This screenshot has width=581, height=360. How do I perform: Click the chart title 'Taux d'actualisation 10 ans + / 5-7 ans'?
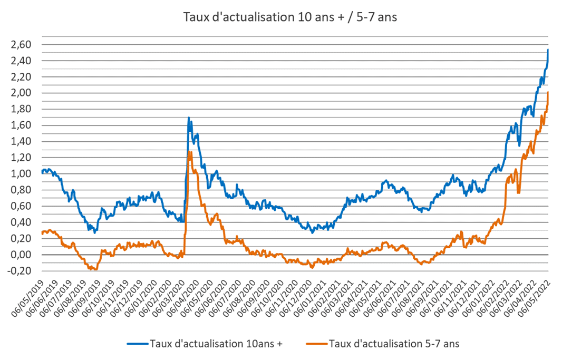(290, 17)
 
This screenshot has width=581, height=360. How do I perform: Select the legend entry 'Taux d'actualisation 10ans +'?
(205, 344)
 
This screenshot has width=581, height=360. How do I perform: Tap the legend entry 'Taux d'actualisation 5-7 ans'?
(383, 344)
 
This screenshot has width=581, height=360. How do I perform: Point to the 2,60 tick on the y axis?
(21, 45)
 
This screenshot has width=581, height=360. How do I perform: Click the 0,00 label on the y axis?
(21, 255)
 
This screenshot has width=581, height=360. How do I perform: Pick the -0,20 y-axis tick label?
(20, 271)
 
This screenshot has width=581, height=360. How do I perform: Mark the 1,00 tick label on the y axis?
(21, 174)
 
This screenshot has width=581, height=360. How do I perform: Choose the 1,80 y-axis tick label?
(21, 109)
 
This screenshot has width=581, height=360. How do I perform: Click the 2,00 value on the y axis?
(21, 93)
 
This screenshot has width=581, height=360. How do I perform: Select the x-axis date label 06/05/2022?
(534, 298)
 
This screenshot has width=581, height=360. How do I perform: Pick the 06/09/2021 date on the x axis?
(422, 298)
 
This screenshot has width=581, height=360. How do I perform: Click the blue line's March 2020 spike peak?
(189, 118)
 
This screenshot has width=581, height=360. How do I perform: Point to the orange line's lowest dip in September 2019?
(95, 270)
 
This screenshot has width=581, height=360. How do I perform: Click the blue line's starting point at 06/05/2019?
(43, 172)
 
